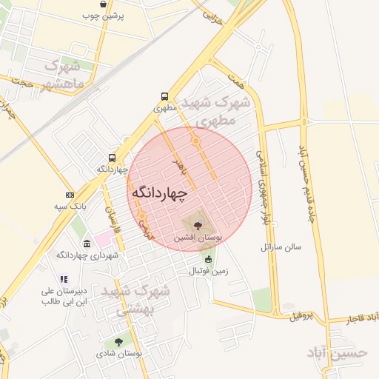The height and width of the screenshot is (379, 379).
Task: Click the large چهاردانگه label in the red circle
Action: coord(160,191)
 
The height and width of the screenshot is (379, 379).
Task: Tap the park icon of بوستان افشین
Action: coord(197,225)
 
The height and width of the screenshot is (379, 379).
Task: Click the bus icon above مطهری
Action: coord(164,96)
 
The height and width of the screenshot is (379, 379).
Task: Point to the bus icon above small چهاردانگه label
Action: coord(112,158)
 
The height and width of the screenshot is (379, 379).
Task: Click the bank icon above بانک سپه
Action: coord(70,195)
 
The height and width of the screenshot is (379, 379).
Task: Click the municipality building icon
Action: coord(87,244)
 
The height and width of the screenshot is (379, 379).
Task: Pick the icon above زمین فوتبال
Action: coord(208,260)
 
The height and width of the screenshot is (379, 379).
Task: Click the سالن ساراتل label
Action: coord(281,246)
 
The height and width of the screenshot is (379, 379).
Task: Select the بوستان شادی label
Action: coord(118,354)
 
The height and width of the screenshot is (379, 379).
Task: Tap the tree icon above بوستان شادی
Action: coord(118,342)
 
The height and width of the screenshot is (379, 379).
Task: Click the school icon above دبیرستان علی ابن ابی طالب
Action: coord(64,279)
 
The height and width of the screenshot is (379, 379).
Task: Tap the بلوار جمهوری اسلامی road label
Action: coord(261,188)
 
